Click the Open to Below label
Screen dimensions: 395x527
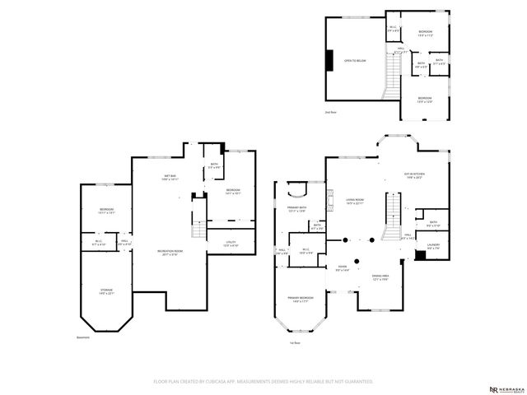coord(355,61)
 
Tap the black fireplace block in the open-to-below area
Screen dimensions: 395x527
coord(329,61)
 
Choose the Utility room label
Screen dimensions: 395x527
coord(231,244)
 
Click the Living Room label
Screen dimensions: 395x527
coord(355,201)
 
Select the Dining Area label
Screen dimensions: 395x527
coord(380,276)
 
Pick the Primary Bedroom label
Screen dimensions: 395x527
coord(300,299)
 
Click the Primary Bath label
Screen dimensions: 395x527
coord(296,211)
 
